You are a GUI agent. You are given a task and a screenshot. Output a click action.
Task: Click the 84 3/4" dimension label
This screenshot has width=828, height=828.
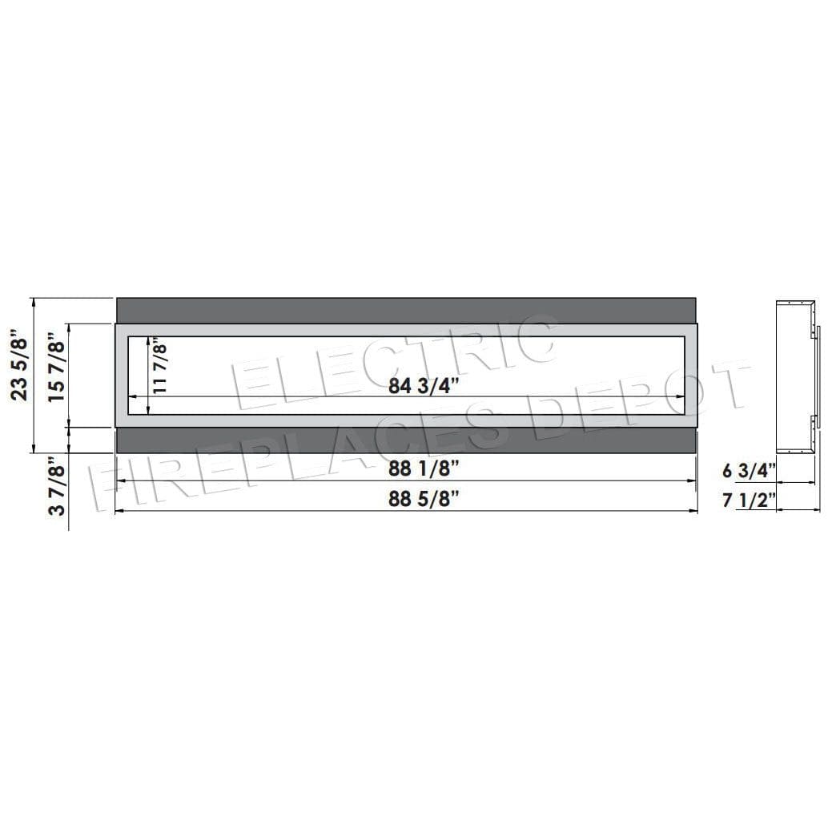(423, 385)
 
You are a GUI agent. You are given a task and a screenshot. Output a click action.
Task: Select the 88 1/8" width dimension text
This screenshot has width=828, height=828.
(424, 468)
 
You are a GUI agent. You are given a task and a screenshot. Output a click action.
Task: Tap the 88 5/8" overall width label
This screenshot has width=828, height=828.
(424, 499)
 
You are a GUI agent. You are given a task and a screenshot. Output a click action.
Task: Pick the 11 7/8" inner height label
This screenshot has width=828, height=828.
(160, 368)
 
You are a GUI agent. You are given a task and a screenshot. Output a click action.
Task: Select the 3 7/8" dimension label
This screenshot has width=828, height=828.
(55, 487)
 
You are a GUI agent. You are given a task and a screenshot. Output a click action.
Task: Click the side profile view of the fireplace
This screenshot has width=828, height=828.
(797, 376)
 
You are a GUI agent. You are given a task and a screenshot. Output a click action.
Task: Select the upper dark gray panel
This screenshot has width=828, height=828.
(406, 310)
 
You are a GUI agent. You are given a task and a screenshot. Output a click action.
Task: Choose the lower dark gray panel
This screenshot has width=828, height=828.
(406, 440)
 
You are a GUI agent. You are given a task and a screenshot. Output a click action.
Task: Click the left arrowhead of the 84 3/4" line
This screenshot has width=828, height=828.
(132, 396)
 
